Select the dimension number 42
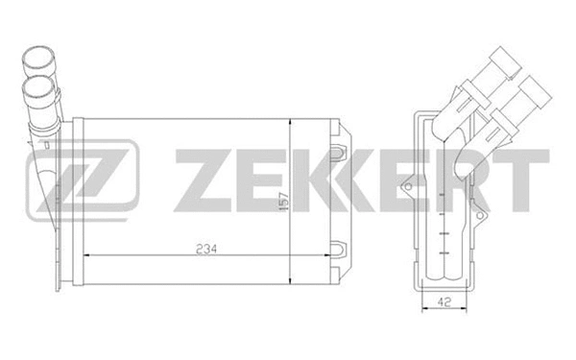coord(439,300)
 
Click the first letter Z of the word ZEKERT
coord(200,180)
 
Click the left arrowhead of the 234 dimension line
coord(89,256)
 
